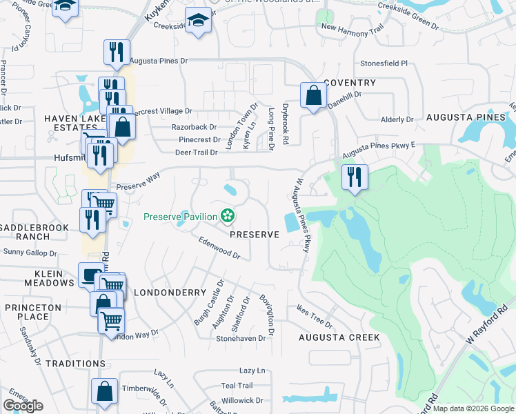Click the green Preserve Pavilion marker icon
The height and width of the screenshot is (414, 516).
(x=226, y=217)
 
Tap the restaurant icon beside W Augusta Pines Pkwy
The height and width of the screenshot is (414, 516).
(x=355, y=177)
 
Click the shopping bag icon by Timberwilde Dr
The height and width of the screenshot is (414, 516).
(x=105, y=391)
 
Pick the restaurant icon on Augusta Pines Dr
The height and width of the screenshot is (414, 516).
(x=117, y=52)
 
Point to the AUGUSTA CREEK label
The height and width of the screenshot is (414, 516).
(x=339, y=337)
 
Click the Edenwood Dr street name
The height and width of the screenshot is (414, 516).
(x=219, y=249)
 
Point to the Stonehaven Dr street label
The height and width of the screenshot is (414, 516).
(x=241, y=339)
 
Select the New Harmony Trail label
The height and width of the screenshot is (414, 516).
(x=352, y=28)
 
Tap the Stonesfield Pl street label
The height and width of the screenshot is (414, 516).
(x=384, y=63)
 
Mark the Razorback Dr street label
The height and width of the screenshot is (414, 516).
(x=194, y=127)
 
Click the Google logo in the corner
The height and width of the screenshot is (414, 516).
(x=23, y=406)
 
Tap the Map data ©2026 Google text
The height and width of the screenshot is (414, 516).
(x=473, y=408)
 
